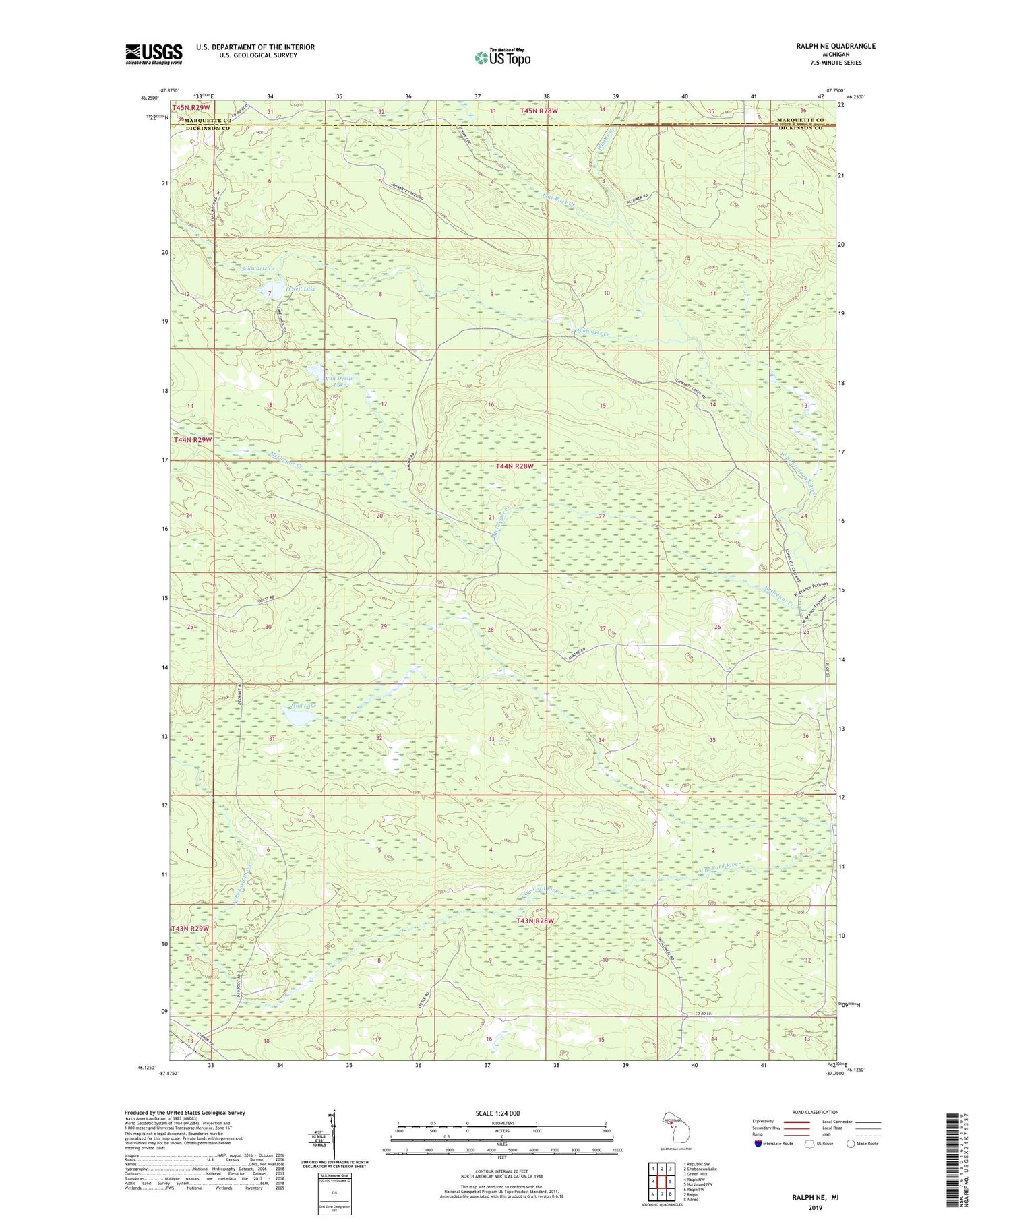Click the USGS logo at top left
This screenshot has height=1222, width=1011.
154,54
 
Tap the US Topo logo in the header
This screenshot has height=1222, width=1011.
502,58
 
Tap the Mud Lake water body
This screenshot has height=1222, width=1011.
297,719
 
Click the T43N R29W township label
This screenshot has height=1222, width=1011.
191,929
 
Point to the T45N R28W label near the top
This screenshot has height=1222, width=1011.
539,110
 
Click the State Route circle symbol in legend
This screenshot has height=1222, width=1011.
851,1144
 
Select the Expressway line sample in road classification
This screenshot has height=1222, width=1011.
799,1122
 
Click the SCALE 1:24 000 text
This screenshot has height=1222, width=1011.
501,1113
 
